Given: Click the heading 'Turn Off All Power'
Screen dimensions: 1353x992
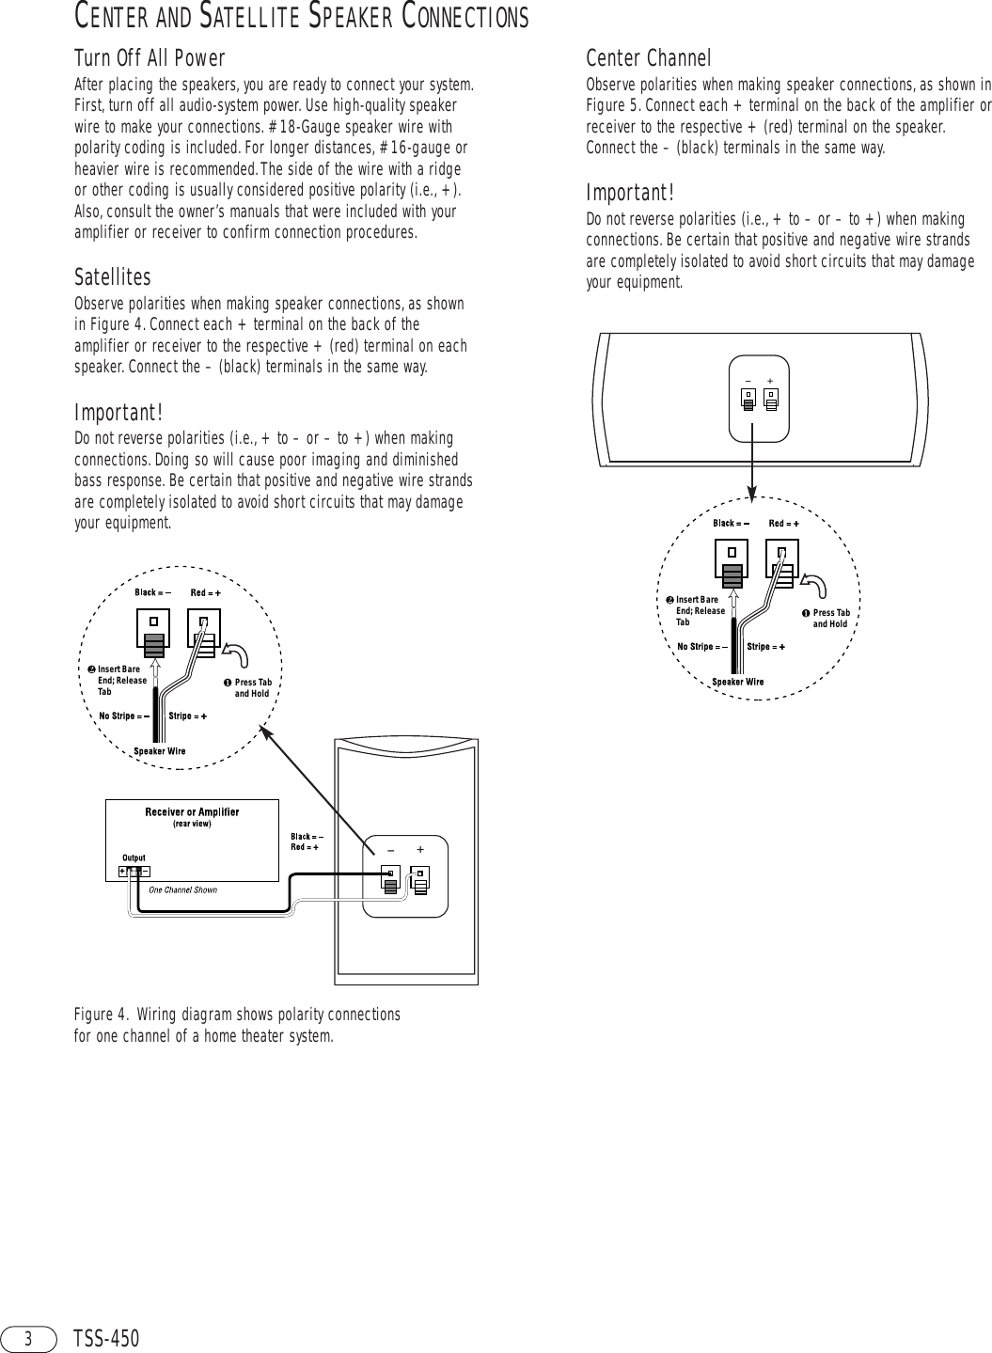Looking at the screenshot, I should tap(150, 60).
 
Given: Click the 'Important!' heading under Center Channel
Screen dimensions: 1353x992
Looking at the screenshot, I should tap(630, 193).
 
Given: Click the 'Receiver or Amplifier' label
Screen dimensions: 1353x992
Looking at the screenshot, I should tap(192, 811).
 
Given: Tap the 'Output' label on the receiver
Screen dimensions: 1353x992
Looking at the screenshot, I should tap(134, 857).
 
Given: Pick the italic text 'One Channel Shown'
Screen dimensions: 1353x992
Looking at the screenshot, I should tap(183, 889).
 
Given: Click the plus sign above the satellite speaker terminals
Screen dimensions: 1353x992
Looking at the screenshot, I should tap(419, 849).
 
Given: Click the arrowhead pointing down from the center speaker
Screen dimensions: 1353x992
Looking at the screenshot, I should tap(751, 496).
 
